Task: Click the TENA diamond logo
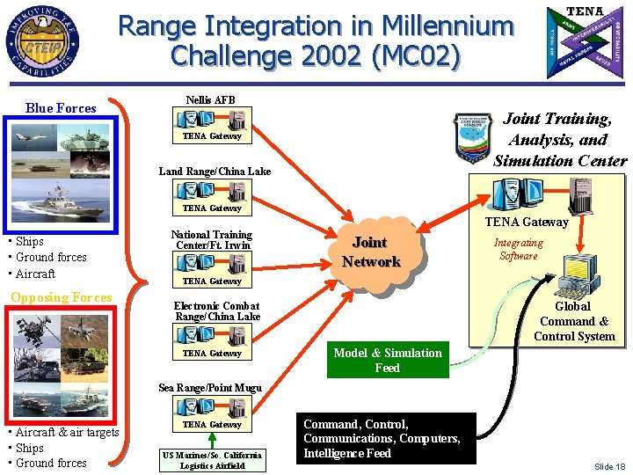coord(586,41)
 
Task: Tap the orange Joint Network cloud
coord(371,252)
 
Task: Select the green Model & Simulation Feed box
coord(387,361)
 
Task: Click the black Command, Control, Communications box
coord(382,438)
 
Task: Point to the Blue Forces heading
coord(61,108)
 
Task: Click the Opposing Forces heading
coord(62,297)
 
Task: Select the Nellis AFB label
coord(211,99)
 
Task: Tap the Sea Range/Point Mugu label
coord(210,388)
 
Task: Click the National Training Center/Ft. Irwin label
coord(211,240)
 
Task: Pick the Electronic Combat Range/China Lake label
coord(217,311)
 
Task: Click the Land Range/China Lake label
coord(215,172)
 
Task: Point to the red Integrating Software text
coord(518,249)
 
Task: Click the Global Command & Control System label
coord(573,321)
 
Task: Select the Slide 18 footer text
coord(609,466)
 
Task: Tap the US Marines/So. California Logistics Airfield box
coord(212,460)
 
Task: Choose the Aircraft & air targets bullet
coord(63,432)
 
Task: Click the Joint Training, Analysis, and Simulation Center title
coord(560,139)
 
